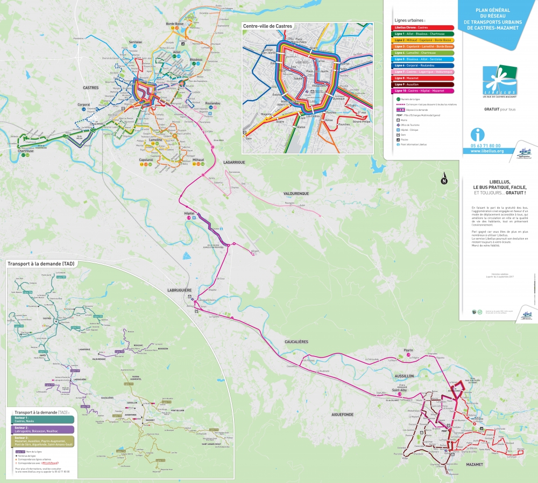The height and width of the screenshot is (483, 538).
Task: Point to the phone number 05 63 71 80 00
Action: coord(485,145)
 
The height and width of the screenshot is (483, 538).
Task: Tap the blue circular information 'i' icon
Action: coord(477,134)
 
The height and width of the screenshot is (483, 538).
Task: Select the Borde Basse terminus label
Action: coord(175,24)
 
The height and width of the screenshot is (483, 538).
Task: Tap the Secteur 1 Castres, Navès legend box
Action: coord(39,419)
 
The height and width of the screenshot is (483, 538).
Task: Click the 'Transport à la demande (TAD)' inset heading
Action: coord(41,263)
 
